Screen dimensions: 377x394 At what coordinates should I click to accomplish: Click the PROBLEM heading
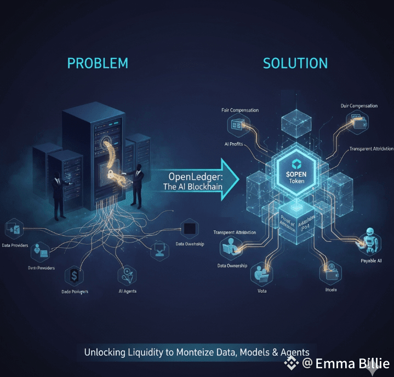pos(98,63)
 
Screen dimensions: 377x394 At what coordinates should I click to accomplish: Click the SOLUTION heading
pos(295,63)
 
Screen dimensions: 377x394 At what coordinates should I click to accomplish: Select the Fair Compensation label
pos(240,111)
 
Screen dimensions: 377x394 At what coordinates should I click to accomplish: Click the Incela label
pos(331,289)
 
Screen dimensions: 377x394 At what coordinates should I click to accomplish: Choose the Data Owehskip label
pos(190,244)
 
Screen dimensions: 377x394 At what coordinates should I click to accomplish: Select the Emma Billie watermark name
pos(353,363)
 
